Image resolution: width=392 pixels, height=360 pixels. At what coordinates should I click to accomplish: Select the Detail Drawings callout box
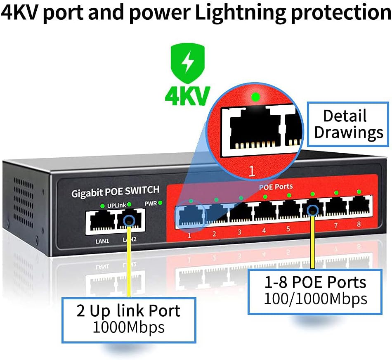click(x=347, y=123)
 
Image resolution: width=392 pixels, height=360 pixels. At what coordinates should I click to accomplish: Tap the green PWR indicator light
click(x=160, y=203)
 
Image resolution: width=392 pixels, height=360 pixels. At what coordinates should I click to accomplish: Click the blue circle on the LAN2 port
click(x=129, y=220)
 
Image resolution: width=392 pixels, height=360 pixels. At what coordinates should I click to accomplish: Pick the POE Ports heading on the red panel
click(x=276, y=187)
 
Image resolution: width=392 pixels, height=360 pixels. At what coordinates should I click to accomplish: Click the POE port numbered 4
click(x=264, y=211)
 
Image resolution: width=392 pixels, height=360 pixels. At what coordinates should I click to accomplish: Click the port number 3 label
click(x=239, y=232)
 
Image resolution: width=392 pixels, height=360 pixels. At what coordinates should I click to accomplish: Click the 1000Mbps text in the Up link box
click(x=128, y=327)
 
